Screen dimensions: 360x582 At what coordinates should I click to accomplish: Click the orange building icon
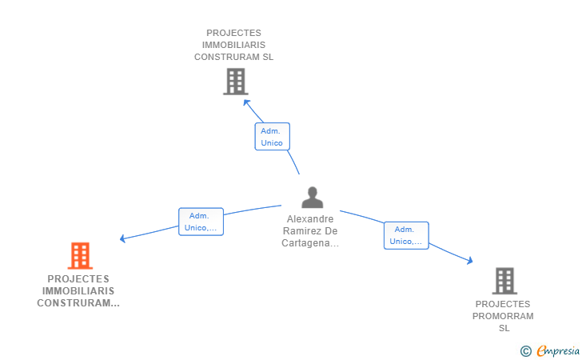pos(79,256)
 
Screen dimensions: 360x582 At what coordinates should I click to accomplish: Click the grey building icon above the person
pos(235,82)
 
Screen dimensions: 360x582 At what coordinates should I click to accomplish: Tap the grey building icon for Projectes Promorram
pos(504,281)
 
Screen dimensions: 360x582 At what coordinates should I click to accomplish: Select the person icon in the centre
pos(312,198)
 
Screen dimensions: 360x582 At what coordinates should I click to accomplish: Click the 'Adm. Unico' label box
pos(272,137)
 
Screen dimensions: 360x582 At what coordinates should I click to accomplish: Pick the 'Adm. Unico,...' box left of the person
pos(201,222)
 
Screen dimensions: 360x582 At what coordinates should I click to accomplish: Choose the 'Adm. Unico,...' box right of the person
pos(406,235)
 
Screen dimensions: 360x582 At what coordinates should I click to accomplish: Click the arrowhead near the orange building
pos(122,238)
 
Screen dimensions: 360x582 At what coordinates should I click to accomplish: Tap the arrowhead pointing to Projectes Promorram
pos(470,260)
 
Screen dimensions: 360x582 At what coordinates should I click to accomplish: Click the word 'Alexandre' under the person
pos(311,218)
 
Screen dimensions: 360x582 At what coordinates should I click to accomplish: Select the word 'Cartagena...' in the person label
pos(310,243)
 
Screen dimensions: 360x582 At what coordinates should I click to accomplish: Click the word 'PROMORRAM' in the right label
pos(504,316)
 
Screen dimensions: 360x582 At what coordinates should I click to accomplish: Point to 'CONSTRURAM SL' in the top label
pos(234,57)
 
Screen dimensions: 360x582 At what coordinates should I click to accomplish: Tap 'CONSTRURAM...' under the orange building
pos(78,303)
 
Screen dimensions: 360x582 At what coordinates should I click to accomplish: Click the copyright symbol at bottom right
pos(525,350)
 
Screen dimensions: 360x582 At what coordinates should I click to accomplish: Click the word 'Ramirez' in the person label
pos(300,231)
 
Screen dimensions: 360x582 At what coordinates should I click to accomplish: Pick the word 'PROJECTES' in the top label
pos(234,33)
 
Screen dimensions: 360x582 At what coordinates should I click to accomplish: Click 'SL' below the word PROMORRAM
pos(504,328)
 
